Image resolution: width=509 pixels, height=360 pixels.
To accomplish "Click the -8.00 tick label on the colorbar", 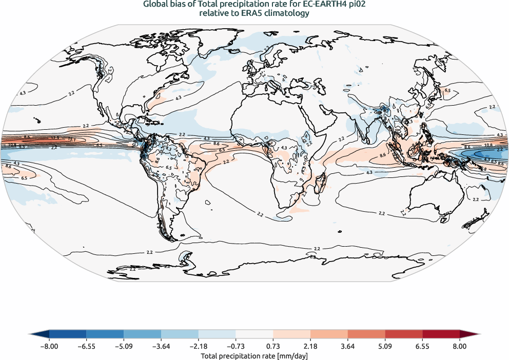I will point(49,346).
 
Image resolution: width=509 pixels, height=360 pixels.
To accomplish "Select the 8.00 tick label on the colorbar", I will point(459,346).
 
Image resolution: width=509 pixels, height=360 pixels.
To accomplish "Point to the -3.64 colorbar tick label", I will point(161,346).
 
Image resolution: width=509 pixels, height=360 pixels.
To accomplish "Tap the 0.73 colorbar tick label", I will point(273,346).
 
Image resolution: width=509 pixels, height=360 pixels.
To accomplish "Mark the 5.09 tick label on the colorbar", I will point(385,346).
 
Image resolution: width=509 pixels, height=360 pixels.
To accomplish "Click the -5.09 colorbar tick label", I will point(124,346).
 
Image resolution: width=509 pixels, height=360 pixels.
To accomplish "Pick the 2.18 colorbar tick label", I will point(310,346).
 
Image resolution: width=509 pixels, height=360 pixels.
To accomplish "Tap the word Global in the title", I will point(154,5).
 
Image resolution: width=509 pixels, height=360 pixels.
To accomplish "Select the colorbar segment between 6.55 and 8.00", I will point(441,334).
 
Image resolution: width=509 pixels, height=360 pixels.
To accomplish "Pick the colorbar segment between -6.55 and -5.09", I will point(105,334).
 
